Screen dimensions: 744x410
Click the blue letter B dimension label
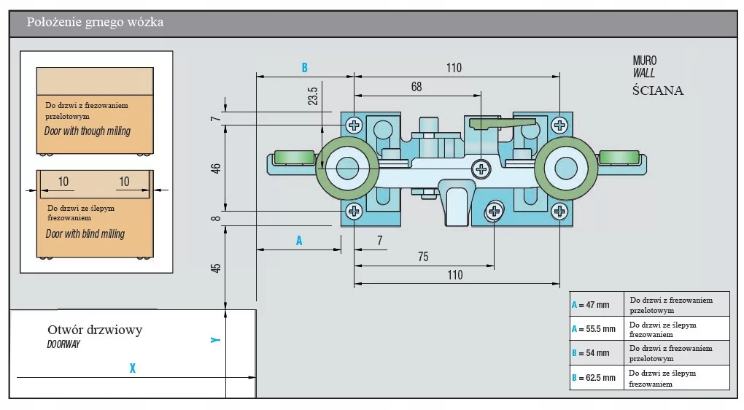click(x=305, y=68)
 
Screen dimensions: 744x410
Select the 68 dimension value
click(x=416, y=87)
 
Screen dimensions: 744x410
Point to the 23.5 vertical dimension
click(x=313, y=96)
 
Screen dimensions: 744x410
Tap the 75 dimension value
click(x=423, y=257)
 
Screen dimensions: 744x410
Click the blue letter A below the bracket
click(x=299, y=241)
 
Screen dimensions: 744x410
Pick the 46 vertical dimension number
click(x=216, y=169)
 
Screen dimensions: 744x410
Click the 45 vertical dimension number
click(x=216, y=268)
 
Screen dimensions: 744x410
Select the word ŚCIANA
click(x=658, y=90)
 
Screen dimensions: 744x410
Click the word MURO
click(x=645, y=61)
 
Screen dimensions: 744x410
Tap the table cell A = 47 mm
click(x=597, y=305)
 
